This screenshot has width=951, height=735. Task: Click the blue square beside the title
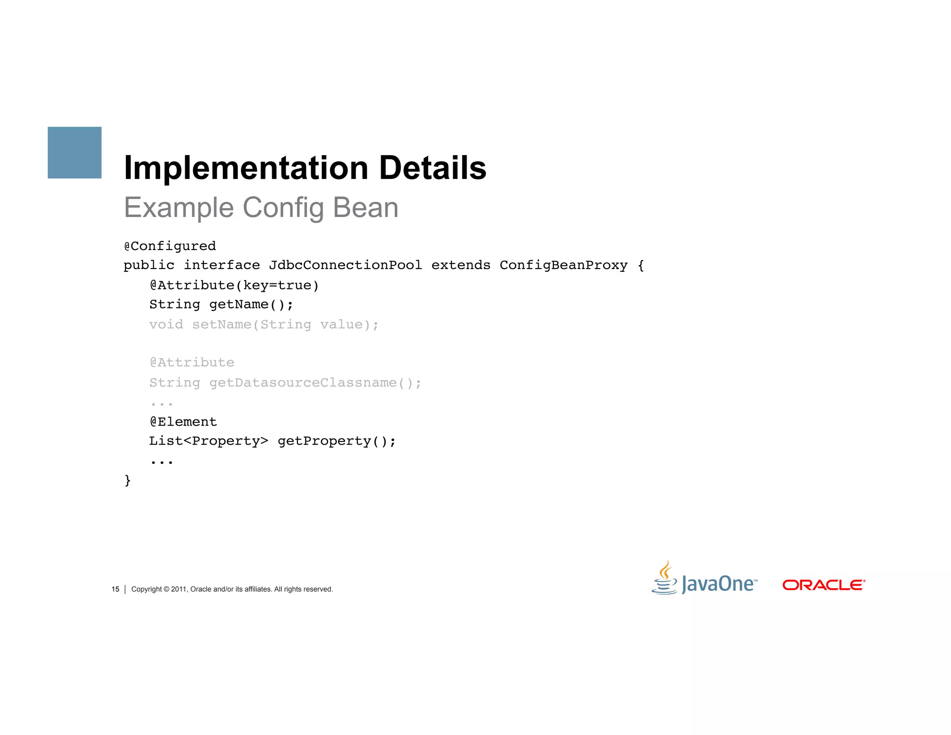[x=74, y=152]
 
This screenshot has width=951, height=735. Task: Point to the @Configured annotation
[x=170, y=246]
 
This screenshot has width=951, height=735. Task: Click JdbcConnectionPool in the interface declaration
[x=345, y=265]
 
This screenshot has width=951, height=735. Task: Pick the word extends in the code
[x=461, y=265]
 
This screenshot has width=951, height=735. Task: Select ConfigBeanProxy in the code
[x=563, y=265]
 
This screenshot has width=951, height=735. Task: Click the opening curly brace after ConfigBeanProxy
[x=641, y=266]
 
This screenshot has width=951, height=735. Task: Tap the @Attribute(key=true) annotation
[x=234, y=285]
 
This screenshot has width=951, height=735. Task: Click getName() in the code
[x=251, y=305]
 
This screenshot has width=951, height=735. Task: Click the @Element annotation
[x=183, y=422]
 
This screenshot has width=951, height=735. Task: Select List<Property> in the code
[x=208, y=441]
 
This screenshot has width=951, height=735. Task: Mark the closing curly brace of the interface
[x=128, y=480]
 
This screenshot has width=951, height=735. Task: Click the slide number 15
[x=115, y=589]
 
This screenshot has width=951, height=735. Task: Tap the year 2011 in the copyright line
[x=178, y=589]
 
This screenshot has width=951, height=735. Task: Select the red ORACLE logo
[x=824, y=585]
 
